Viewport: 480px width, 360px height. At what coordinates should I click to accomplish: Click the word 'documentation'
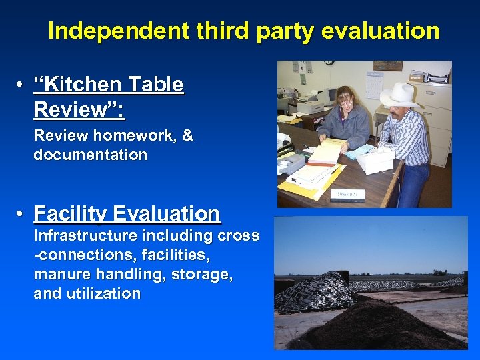click(x=90, y=155)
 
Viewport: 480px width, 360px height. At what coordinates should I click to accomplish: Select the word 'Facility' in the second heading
click(x=71, y=214)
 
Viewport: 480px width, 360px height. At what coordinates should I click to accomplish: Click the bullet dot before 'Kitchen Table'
click(x=22, y=85)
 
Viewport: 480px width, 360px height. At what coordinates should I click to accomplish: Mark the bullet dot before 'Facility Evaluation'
click(x=22, y=215)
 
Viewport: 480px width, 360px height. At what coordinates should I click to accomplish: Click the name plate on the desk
click(x=344, y=193)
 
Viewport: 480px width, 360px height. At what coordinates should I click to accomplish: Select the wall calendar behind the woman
click(x=374, y=83)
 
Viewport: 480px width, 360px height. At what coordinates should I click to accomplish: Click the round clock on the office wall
click(x=329, y=63)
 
